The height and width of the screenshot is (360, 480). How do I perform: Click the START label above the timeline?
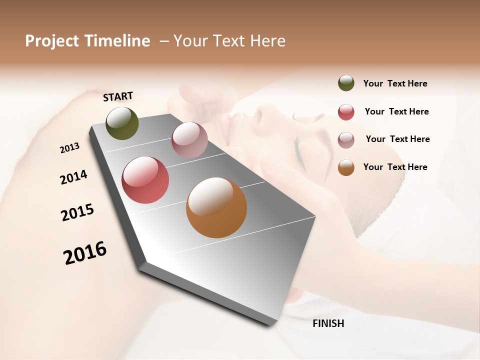(118, 96)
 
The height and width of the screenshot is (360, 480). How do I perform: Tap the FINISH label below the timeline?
(328, 323)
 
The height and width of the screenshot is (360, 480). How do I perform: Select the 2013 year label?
(69, 148)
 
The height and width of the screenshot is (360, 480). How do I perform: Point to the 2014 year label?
(73, 177)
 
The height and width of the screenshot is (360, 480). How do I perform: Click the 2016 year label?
(85, 253)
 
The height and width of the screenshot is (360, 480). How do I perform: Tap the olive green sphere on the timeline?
(122, 123)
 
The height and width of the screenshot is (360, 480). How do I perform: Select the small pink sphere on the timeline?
(189, 140)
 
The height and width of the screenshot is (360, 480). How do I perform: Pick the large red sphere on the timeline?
(145, 180)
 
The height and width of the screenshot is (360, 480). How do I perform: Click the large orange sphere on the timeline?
(216, 207)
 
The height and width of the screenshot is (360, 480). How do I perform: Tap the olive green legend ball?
(346, 83)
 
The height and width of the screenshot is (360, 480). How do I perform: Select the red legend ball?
(346, 112)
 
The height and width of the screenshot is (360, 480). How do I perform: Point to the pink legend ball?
(346, 139)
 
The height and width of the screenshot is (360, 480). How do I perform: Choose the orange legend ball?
(346, 167)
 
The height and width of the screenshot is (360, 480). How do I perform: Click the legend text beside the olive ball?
(395, 83)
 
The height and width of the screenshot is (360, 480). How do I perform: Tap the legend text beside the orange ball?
(395, 167)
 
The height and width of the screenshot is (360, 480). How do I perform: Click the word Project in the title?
(52, 41)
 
